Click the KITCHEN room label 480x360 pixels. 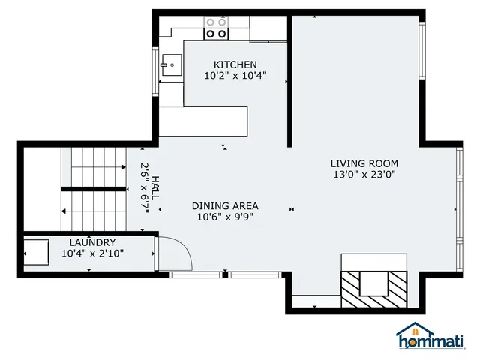point(235,64)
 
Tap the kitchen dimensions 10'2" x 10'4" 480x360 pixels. point(235,76)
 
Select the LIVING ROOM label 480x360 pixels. point(364,163)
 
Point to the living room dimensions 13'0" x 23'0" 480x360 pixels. point(364,175)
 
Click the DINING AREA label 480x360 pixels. point(225,206)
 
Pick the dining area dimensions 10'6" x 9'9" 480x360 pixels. point(225,217)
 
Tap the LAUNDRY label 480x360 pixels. point(92,242)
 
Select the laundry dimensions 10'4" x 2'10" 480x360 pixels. point(92,253)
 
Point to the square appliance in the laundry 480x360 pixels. point(36,252)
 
